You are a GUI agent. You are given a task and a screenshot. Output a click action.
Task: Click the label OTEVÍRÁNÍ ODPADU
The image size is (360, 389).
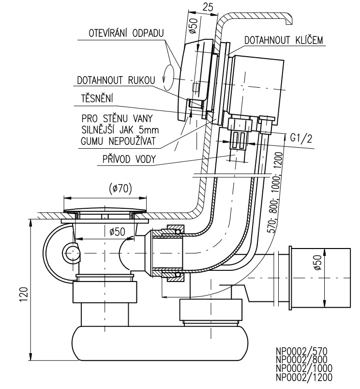[126, 33]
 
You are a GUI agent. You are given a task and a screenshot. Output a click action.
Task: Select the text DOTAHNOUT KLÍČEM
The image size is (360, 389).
[284, 40]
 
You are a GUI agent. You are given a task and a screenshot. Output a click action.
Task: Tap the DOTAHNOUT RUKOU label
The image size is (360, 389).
[116, 80]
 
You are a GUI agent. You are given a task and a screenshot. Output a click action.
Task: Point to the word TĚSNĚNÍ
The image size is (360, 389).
[97, 98]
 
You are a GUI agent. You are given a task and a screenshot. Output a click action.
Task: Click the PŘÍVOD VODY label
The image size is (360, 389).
[129, 159]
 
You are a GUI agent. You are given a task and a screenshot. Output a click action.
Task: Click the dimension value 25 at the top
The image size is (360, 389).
[208, 7]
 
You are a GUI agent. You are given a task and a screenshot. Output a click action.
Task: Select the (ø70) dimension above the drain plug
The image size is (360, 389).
[120, 189]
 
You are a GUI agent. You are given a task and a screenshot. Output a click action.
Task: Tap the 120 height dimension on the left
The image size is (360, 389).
[24, 295]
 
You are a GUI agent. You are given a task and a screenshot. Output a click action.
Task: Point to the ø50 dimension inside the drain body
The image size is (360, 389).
[117, 232]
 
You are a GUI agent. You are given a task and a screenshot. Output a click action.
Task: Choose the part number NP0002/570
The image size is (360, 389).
[301, 352]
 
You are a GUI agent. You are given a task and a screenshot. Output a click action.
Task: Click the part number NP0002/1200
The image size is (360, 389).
[304, 377]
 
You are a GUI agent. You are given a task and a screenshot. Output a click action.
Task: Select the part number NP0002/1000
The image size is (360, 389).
[304, 368]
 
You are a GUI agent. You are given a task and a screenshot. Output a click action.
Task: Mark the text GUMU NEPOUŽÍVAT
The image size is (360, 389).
[119, 141]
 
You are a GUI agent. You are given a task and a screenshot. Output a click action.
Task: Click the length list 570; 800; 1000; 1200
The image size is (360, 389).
[274, 192]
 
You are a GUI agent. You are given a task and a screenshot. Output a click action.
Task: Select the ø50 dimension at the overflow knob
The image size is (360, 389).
[194, 25]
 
